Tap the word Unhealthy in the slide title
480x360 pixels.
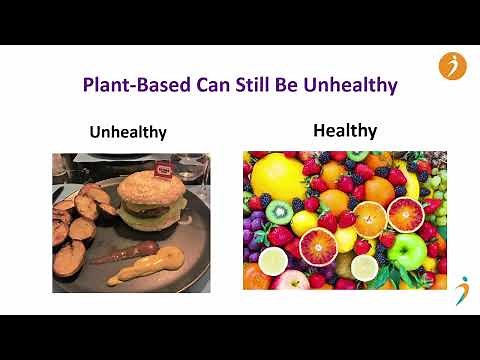[x=349, y=84]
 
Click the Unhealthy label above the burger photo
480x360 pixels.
[x=127, y=132]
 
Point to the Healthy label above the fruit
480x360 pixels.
[x=345, y=130]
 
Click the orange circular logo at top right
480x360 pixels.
[x=452, y=66]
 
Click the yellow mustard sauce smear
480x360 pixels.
[x=145, y=269]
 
